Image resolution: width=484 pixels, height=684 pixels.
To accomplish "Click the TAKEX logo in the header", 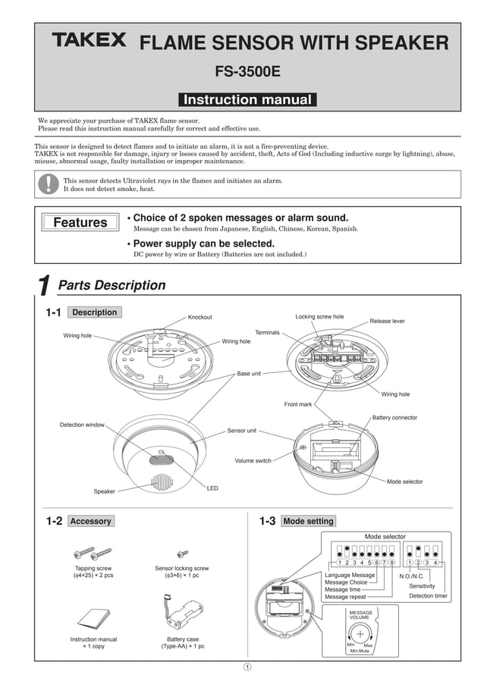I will tap(89, 40).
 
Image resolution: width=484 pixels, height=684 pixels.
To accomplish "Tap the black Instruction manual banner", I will tap(247, 99).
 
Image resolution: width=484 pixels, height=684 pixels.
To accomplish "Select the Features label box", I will tap(80, 222).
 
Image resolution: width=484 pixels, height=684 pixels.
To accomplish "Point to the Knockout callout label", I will tap(200, 317).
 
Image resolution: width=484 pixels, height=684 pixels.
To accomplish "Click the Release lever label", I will tap(387, 321).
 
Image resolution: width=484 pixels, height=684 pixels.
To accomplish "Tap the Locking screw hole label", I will tap(319, 316).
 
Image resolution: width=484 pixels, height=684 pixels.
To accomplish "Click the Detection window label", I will tap(82, 425).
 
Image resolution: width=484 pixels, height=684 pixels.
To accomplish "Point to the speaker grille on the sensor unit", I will tap(160, 482).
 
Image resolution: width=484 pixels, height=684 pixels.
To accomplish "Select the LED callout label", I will tap(212, 488).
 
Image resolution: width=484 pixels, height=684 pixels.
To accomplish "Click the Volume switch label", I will tap(253, 460).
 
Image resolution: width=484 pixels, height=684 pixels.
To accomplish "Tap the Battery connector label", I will tap(394, 418).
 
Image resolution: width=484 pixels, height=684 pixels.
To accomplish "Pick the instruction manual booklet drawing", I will tap(93, 617).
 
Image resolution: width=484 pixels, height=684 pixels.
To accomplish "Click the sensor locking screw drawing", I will tap(182, 554).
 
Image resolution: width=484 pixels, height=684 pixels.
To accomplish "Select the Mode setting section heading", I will tap(308, 521).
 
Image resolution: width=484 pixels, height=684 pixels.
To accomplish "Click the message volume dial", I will tap(360, 635).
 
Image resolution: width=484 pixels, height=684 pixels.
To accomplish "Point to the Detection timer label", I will tap(428, 596).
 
